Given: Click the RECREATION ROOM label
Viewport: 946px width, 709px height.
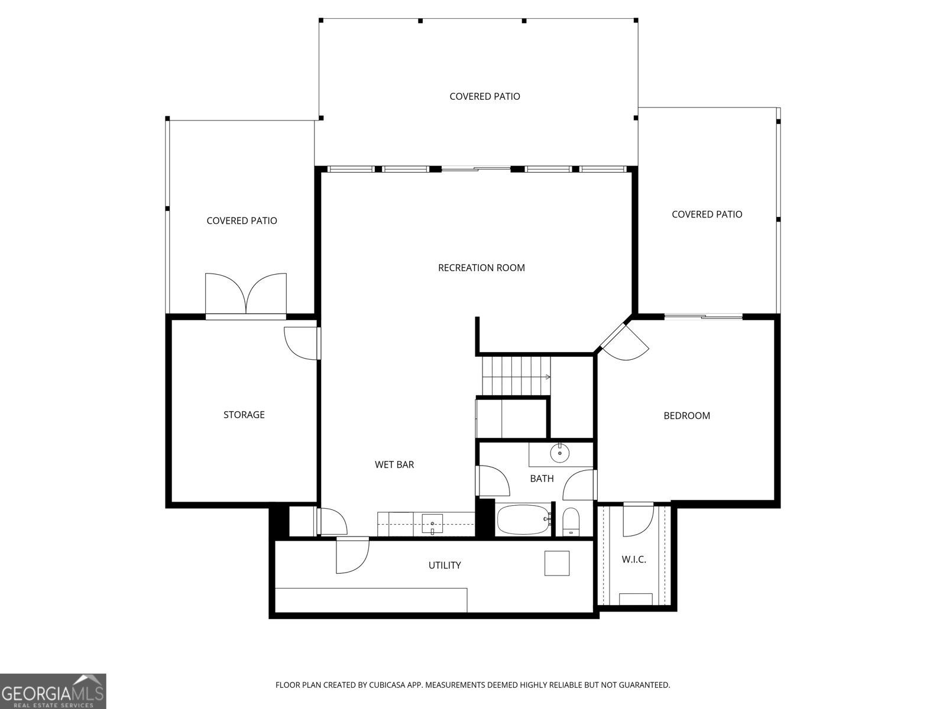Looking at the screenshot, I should point(481,268).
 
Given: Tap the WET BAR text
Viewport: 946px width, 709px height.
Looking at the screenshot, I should point(394,464).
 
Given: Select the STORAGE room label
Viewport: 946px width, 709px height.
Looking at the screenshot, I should point(244,415).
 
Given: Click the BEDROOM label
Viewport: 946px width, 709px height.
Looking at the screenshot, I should point(686,415).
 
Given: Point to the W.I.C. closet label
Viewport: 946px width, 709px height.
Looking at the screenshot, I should point(634,559).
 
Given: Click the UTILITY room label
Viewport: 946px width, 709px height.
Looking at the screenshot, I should point(445,565).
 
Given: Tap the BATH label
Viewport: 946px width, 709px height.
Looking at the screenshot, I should point(542,479).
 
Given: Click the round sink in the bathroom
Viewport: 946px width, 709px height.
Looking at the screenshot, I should point(559,454).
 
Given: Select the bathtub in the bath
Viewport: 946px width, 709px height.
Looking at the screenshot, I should point(523,520).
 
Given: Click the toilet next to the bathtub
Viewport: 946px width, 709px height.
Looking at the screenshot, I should point(571,521).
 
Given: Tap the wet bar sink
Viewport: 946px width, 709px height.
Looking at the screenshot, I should point(432,522).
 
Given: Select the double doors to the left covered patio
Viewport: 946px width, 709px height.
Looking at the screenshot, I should point(245,294).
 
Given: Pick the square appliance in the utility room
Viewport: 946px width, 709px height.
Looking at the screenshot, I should point(557,563).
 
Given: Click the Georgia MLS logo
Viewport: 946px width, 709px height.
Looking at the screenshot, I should point(53,691).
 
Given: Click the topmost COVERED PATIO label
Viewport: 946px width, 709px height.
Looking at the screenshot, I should point(485,96).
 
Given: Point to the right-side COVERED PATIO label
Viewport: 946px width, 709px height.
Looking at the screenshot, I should point(707,214).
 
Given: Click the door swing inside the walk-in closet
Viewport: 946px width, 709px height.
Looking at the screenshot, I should point(637,520).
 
